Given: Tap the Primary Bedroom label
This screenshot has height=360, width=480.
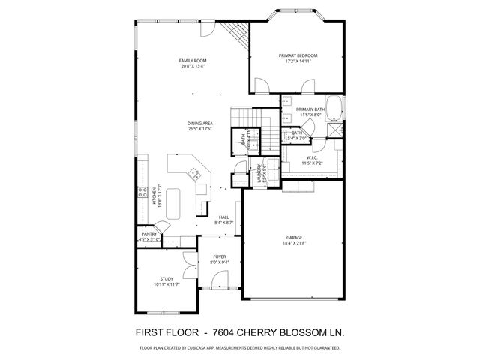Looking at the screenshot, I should pyautogui.click(x=298, y=55).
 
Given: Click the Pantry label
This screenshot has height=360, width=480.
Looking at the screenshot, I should pyautogui.click(x=148, y=234).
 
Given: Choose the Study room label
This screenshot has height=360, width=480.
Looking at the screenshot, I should pyautogui.click(x=166, y=278).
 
